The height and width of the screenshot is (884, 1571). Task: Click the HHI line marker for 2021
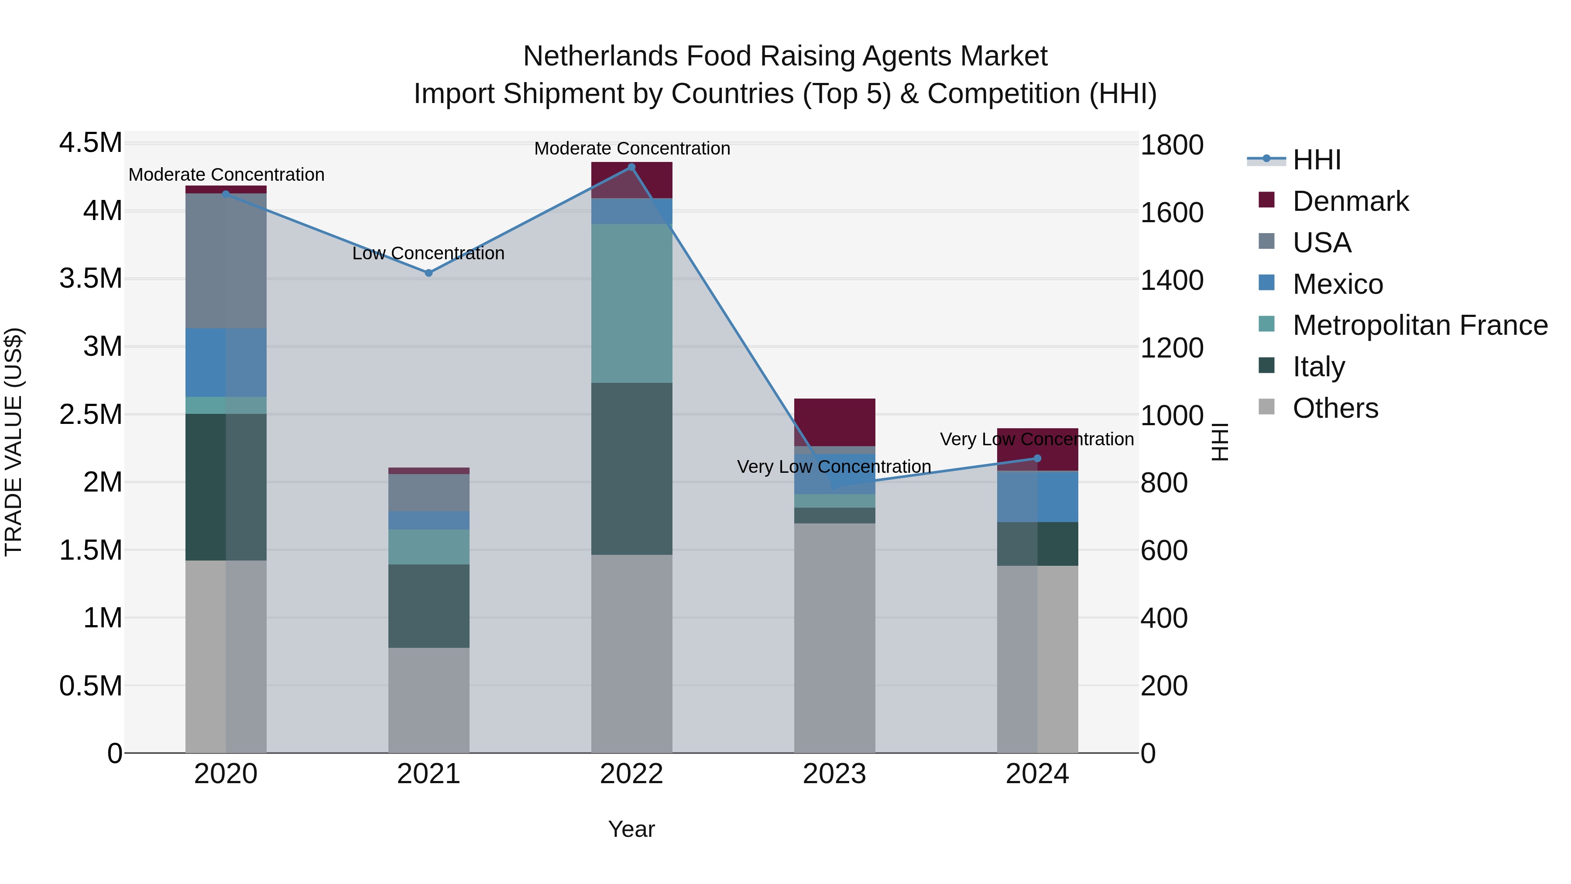[428, 273]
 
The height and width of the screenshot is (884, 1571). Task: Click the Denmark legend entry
[1350, 201]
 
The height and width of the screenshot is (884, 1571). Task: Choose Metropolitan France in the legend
[1420, 325]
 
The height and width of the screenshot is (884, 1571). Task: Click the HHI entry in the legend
[1316, 160]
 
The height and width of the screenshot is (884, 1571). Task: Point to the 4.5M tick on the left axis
[90, 143]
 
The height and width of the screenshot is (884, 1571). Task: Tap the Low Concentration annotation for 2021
[428, 253]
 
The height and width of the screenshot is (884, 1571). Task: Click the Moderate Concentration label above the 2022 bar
[632, 148]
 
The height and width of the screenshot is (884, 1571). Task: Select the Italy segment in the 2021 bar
[428, 606]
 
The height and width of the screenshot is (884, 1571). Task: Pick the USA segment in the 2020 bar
[226, 261]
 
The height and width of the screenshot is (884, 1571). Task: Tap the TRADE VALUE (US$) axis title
[14, 442]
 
